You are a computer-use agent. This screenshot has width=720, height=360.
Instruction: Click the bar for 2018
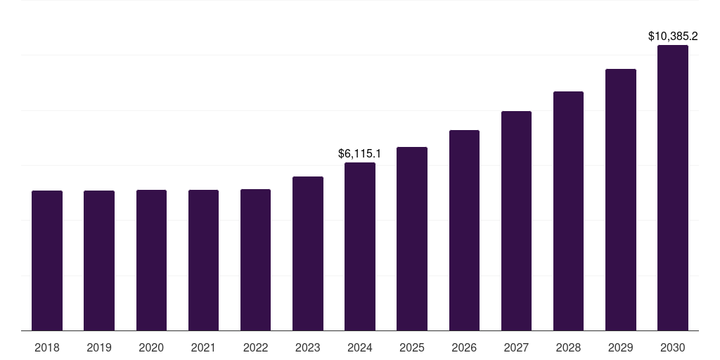pyautogui.click(x=47, y=260)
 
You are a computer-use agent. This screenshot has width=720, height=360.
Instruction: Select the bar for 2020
pyautogui.click(x=151, y=260)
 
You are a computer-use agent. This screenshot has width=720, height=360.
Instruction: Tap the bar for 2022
pyautogui.click(x=255, y=259)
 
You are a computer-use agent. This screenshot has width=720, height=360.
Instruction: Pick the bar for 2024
pyautogui.click(x=360, y=246)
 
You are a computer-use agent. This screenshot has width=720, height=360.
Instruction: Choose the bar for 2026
pyautogui.click(x=464, y=230)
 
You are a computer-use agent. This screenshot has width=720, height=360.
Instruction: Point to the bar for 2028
pyautogui.click(x=568, y=211)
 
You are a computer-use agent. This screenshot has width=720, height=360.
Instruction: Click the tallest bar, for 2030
pyautogui.click(x=673, y=188)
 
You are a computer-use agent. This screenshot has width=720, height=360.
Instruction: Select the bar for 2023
pyautogui.click(x=308, y=253)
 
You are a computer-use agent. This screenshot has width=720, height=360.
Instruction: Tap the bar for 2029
pyautogui.click(x=621, y=200)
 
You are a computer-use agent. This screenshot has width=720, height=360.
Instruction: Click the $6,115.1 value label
pyautogui.click(x=360, y=153)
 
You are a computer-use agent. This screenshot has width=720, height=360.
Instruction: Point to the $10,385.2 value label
pyautogui.click(x=673, y=36)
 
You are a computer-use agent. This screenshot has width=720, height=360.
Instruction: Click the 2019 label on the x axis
pyautogui.click(x=99, y=347)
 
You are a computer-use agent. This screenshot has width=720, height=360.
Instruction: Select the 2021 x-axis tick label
pyautogui.click(x=203, y=347)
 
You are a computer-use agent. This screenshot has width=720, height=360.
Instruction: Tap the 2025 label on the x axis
pyautogui.click(x=412, y=347)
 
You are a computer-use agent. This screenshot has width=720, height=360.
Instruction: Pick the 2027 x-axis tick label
pyautogui.click(x=516, y=347)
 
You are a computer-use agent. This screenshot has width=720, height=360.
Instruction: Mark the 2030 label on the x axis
pyautogui.click(x=673, y=347)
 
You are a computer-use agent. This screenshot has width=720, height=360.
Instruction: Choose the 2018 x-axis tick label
pyautogui.click(x=47, y=347)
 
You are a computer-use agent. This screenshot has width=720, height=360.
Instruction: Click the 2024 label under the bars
pyautogui.click(x=360, y=347)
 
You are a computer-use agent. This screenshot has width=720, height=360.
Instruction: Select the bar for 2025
pyautogui.click(x=412, y=238)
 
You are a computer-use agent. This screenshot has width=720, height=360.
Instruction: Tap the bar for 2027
pyautogui.click(x=516, y=221)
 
